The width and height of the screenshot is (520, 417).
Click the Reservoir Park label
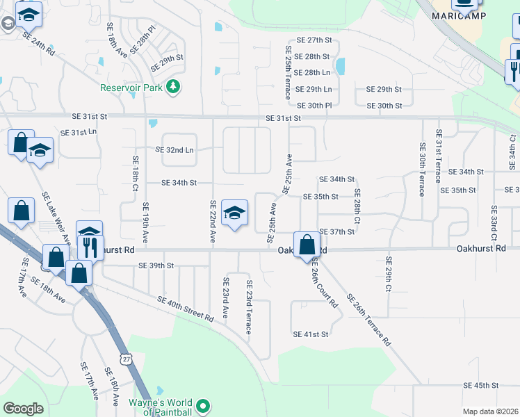131,88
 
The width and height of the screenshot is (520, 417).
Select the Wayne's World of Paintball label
160,407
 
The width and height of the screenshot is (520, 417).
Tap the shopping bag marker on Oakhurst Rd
307,245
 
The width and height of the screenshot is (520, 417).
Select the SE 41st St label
310,334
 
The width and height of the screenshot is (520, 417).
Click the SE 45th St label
482,385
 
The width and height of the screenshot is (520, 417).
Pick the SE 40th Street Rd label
185,309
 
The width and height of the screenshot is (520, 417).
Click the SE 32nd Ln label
174,149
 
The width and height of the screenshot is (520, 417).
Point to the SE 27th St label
315,41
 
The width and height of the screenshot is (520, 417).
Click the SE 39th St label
156,265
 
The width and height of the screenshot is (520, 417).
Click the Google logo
23,409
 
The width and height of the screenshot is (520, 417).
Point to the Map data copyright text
491,411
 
